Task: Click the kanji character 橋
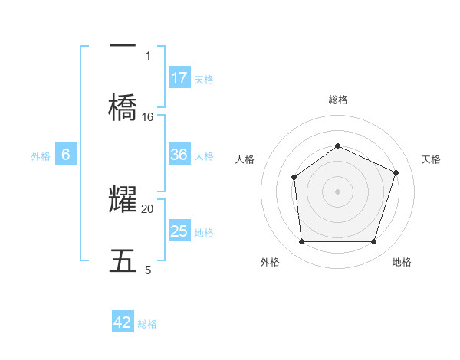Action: [123, 106]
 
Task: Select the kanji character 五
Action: [123, 261]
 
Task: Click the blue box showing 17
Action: [179, 77]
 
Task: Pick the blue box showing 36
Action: [179, 155]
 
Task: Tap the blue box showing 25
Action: [179, 231]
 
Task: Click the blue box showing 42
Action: [123, 322]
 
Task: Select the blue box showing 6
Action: [66, 155]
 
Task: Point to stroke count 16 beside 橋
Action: [148, 117]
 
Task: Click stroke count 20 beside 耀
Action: [148, 208]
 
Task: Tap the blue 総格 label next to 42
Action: [147, 324]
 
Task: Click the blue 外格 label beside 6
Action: [41, 156]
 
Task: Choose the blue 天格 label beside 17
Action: [204, 80]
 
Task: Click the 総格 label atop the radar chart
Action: [337, 100]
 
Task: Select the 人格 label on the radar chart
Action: [245, 159]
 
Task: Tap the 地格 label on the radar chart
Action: [402, 263]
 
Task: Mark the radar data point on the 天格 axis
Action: [396, 172]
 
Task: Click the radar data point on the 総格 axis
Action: [337, 146]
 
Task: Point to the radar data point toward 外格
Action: [301, 242]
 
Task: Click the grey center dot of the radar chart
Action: [337, 191]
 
